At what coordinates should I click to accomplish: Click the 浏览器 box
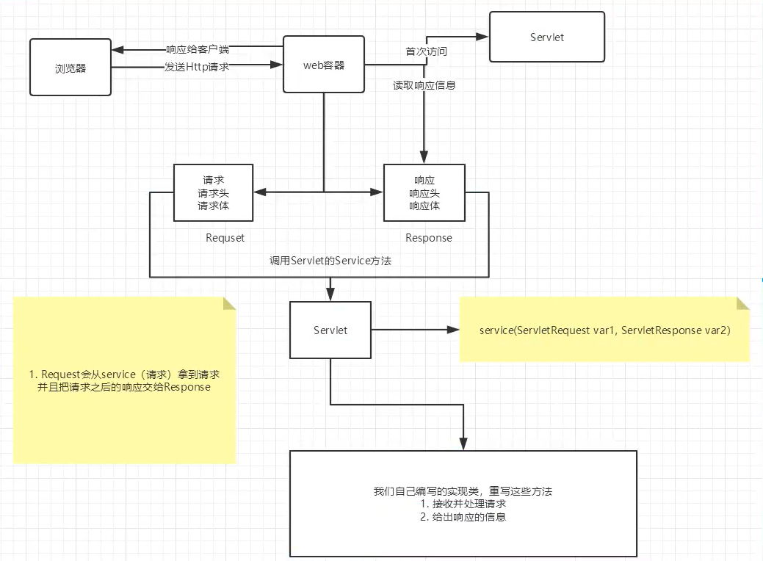[70, 68]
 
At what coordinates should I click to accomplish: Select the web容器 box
[324, 65]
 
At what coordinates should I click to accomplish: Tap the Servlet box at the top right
[547, 37]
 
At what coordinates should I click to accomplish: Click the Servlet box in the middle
[330, 330]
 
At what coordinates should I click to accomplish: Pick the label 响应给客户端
[197, 50]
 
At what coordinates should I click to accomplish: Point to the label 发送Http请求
[197, 67]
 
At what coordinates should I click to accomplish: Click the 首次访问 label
[427, 52]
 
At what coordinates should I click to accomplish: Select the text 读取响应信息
[424, 85]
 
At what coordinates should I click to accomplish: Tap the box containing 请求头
[213, 192]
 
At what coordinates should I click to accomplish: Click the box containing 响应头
[425, 192]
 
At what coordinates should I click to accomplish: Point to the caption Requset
[225, 238]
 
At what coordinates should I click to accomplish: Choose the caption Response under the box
[429, 238]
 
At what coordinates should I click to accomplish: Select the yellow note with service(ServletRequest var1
[604, 330]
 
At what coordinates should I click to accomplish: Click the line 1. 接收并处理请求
[463, 504]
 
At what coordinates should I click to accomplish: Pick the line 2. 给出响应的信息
[463, 517]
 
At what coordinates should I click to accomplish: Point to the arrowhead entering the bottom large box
[463, 445]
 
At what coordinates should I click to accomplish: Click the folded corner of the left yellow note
[229, 303]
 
